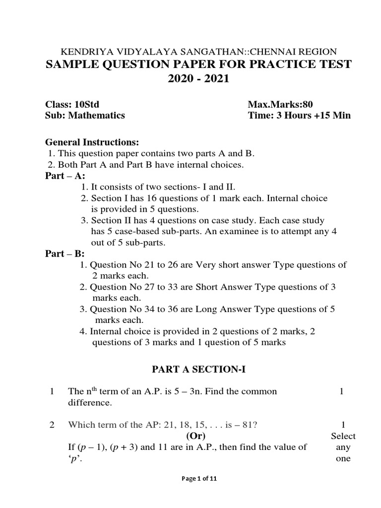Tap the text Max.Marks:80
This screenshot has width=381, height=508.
click(280, 104)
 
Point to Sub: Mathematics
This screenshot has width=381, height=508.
click(85, 116)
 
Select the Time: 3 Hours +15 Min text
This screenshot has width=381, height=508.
click(299, 116)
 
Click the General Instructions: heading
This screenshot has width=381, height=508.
click(92, 142)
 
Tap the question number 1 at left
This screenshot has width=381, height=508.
click(52, 392)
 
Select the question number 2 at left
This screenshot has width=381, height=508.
click(52, 425)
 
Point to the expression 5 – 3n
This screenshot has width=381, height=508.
click(182, 392)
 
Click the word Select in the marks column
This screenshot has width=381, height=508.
click(343, 436)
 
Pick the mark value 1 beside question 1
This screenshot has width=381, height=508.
click(341, 392)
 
